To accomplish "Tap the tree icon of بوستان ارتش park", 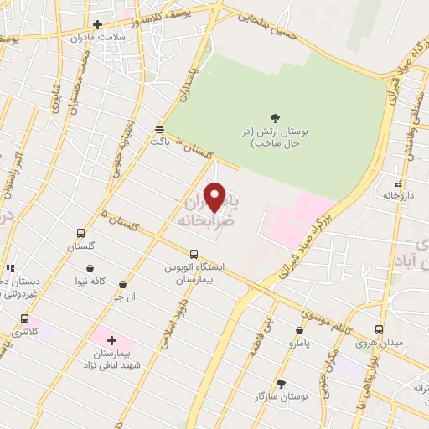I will tap(276, 119).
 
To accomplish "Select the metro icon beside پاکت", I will tap(159, 128).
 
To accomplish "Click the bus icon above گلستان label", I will tap(80, 234).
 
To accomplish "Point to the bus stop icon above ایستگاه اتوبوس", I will tap(194, 254).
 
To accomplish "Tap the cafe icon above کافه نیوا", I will tap(90, 269).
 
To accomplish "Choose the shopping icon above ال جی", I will tap(124, 285).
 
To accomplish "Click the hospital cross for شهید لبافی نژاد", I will tap(111, 341).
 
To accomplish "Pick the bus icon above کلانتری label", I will tap(24, 318).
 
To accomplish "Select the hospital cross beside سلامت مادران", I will tap(98, 24).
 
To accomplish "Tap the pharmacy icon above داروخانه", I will tap(399, 182).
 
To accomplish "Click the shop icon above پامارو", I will tap(299, 331).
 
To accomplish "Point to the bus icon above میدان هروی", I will tap(380, 329).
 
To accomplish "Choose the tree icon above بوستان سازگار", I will tap(281, 383).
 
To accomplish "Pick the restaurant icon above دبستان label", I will tap(10, 268).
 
